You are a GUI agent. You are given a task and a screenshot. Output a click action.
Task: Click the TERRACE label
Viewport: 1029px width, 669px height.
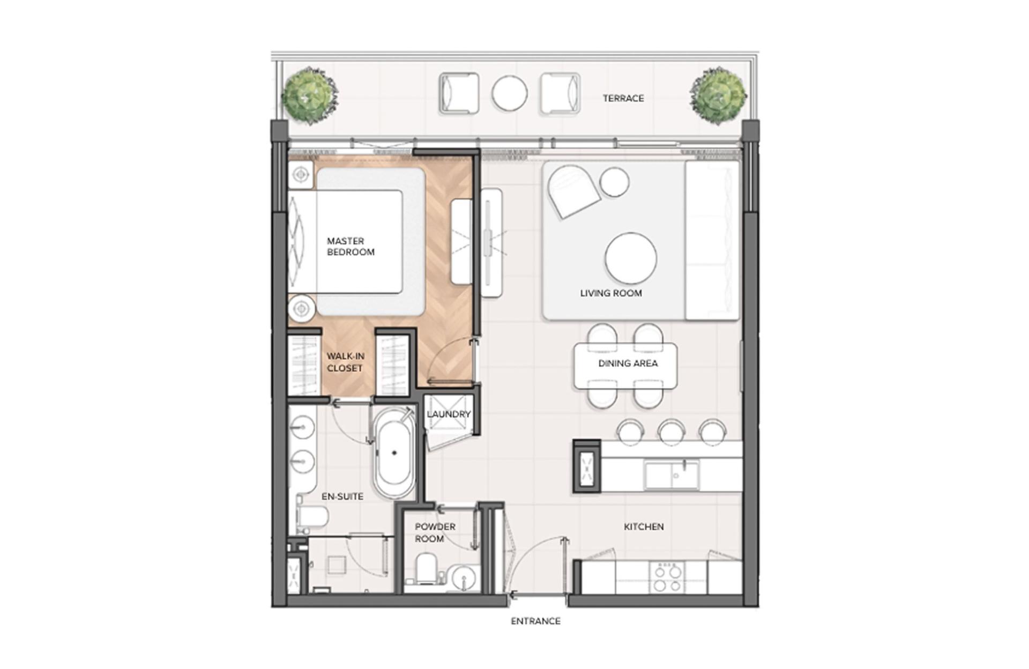coord(623,98)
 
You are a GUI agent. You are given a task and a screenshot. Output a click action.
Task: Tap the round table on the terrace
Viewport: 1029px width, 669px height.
coord(510,93)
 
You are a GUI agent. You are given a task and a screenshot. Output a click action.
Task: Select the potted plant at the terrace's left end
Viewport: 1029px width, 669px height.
coord(309,96)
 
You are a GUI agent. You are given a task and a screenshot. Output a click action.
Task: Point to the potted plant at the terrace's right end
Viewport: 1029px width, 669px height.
coord(718,96)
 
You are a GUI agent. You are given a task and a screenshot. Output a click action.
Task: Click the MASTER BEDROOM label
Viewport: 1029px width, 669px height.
coord(351,247)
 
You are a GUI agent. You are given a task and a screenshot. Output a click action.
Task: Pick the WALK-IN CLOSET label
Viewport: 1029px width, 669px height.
coord(346,362)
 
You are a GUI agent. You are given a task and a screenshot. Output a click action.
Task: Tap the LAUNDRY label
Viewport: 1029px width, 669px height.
coord(449,414)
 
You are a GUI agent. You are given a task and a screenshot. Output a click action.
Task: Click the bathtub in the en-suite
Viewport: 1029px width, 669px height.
coord(394,454)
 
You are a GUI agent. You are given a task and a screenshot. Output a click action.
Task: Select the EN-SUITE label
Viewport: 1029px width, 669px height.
coord(342,496)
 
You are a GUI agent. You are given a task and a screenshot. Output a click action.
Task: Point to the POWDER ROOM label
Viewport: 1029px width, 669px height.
coord(435,533)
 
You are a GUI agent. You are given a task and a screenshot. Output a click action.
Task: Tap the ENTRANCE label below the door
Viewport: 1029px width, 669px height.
coord(535,621)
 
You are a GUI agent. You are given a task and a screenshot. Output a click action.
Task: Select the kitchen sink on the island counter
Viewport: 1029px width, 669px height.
coord(672,475)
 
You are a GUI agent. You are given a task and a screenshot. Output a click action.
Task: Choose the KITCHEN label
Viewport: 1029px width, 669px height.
coord(644,527)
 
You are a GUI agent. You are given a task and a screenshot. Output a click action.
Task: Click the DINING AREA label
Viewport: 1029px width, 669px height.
coord(628,363)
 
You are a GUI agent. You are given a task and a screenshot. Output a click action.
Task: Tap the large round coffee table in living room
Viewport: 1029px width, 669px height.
coord(631,258)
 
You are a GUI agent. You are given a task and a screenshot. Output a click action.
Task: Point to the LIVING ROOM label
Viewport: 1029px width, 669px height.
coord(611,293)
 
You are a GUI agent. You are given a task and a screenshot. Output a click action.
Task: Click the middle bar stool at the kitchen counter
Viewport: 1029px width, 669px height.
coord(671,432)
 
